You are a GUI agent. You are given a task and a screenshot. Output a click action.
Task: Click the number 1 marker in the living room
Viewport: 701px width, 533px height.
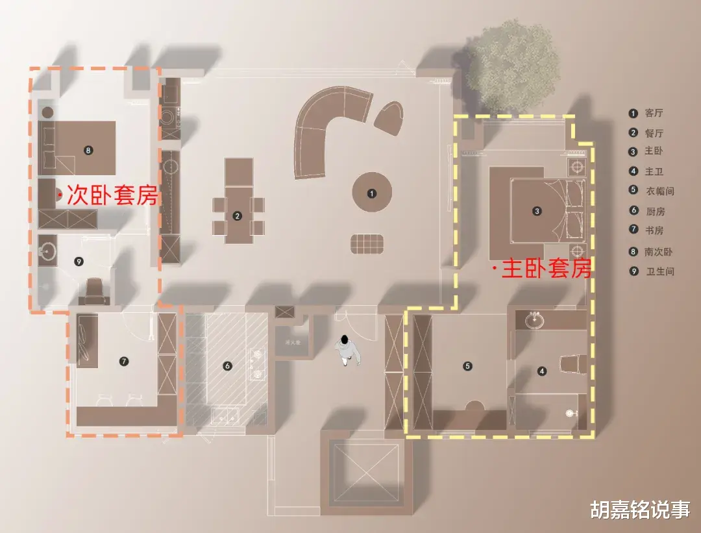[x=371, y=193]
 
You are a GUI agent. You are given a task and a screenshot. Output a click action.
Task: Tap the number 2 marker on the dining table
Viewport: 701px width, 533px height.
[x=238, y=216]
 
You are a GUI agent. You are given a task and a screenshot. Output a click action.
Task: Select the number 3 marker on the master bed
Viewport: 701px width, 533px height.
[x=537, y=210]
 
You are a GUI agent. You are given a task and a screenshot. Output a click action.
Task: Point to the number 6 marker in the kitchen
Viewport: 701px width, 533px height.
[x=227, y=366]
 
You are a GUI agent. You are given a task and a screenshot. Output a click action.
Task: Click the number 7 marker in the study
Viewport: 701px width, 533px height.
[x=125, y=361]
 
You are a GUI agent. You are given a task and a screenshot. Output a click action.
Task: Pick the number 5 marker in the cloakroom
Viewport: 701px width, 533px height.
[x=468, y=366]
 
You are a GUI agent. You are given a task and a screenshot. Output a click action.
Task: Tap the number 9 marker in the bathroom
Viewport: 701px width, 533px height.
[x=79, y=262]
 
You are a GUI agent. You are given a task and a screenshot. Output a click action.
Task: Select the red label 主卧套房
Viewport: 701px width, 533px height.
[x=545, y=269]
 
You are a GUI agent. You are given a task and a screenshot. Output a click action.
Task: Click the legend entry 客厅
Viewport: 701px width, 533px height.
[x=654, y=114]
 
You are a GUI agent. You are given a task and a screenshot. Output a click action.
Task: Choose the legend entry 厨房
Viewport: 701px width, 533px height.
[x=656, y=211]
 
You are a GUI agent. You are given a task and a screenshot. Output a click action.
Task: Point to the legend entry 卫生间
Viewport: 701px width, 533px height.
[x=660, y=271]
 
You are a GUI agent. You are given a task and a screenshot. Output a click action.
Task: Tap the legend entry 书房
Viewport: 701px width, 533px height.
[x=654, y=230]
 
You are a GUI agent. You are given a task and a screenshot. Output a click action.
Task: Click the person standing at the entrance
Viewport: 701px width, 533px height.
[x=348, y=351]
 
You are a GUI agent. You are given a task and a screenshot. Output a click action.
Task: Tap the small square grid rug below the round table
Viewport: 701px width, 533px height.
[x=368, y=243]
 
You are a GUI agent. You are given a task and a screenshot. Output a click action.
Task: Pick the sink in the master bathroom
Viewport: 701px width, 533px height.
[x=535, y=319]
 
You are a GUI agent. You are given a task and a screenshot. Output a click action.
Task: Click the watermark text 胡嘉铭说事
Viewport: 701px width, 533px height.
[x=639, y=510]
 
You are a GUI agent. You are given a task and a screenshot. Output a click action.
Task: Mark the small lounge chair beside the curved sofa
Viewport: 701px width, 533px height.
[x=390, y=118]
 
